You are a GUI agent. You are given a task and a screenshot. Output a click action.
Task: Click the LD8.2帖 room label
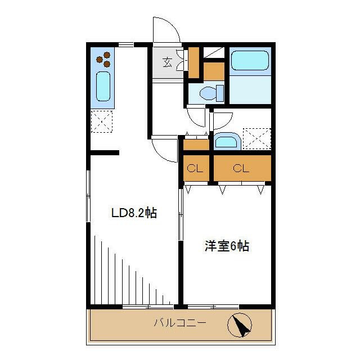[133, 213]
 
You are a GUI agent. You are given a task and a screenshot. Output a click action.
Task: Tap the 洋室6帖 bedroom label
[226, 246]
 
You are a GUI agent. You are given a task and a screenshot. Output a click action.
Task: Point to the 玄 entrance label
[168, 61]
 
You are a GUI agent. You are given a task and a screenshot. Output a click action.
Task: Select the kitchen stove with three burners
[103, 58]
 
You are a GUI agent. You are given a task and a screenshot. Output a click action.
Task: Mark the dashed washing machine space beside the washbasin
[256, 138]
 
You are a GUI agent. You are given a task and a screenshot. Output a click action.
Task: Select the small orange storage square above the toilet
[214, 71]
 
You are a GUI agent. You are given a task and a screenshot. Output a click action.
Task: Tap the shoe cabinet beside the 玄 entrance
[193, 63]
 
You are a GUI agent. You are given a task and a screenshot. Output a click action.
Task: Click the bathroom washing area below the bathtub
[250, 89]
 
